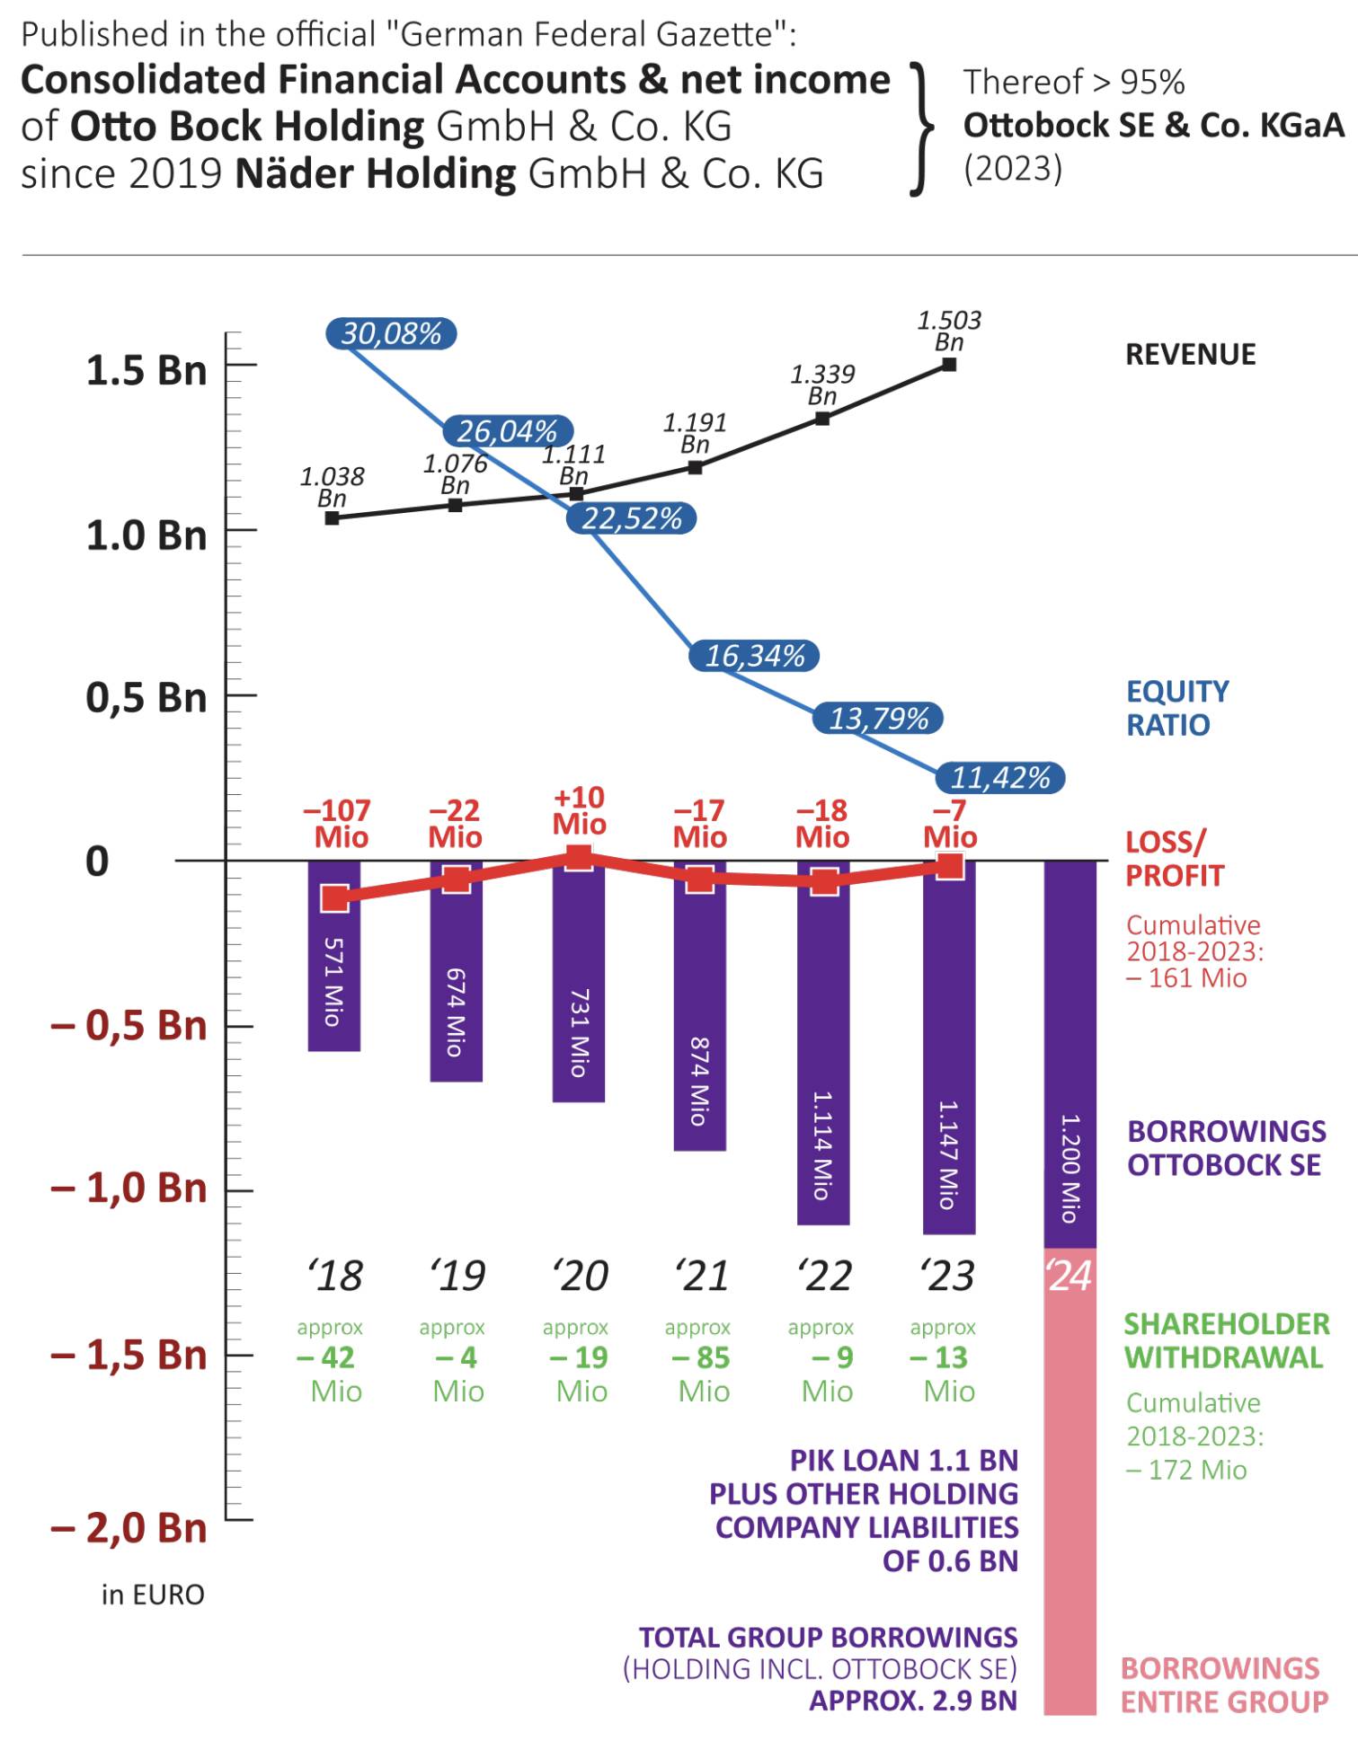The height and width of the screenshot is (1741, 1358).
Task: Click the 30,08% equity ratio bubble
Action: [391, 334]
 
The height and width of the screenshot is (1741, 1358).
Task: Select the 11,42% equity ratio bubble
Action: [1000, 778]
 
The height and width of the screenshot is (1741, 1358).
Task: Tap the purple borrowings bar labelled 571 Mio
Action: [333, 979]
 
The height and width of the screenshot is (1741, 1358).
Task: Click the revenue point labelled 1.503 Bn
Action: [949, 365]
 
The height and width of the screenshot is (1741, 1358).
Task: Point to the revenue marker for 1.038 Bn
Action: [332, 518]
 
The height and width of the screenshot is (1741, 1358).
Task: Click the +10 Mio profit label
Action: [579, 810]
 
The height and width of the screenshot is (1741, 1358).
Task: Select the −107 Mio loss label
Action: [338, 824]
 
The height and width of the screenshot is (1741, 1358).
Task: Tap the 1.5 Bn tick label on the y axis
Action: [146, 370]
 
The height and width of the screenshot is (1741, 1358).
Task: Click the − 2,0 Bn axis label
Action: [129, 1527]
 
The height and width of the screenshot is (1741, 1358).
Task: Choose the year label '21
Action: [703, 1276]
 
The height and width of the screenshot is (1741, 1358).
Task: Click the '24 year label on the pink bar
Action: [1070, 1276]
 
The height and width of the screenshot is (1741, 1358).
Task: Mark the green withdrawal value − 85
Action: [701, 1357]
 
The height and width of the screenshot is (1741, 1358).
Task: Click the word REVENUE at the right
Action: [1190, 355]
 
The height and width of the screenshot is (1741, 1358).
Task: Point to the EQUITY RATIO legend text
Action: [1177, 708]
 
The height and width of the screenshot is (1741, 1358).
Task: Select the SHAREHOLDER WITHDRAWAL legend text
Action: [1226, 1340]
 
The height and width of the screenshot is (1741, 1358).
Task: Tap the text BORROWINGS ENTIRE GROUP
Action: [1223, 1684]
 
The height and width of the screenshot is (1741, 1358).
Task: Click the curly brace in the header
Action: [920, 128]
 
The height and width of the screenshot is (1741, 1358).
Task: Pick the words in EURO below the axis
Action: [153, 1595]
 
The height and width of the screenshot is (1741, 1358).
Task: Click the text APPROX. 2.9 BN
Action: [913, 1701]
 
